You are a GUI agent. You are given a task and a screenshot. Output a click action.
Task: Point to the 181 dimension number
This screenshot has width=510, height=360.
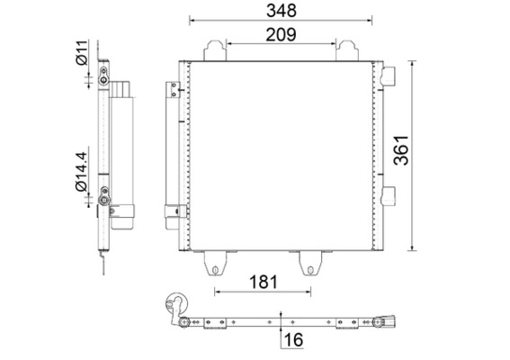point(264,283)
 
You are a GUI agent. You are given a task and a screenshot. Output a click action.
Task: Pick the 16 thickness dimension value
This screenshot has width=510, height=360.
point(292,339)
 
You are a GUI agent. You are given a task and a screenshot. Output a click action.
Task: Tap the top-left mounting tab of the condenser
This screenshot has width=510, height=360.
point(215,49)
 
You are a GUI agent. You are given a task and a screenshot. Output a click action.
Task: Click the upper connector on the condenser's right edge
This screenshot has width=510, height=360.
point(389,76)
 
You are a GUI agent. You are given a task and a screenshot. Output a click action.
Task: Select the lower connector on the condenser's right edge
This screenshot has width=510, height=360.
point(389,193)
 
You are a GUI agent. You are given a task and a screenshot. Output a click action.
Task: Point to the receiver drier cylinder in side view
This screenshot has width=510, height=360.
point(122,148)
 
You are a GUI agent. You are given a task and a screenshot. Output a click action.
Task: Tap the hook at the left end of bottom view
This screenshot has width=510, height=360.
point(176,304)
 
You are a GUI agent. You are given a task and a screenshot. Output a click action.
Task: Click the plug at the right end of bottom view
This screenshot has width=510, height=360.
point(393,319)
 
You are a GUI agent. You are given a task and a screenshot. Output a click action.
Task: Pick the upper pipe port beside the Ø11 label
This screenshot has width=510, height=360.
point(104,82)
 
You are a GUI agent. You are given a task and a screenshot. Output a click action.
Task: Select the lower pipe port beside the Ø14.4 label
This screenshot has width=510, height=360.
point(105,191)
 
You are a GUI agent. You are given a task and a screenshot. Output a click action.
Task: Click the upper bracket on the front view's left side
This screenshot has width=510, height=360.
point(170,89)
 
